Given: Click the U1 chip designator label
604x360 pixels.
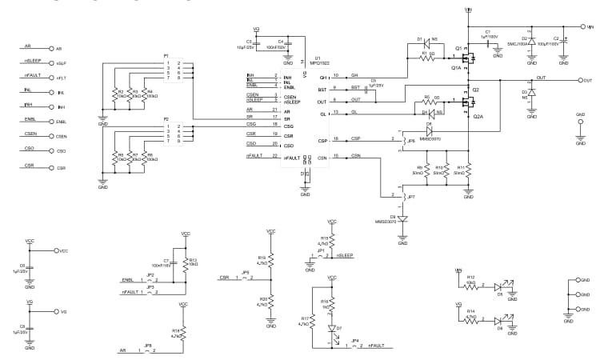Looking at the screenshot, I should [x=318, y=58].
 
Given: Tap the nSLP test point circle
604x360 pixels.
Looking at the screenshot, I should [x=50, y=63].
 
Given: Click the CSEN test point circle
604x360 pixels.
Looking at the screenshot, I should [x=50, y=137].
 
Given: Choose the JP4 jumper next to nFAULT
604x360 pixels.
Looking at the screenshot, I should [x=355, y=346].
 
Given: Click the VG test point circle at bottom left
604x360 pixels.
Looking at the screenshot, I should [x=54, y=311].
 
